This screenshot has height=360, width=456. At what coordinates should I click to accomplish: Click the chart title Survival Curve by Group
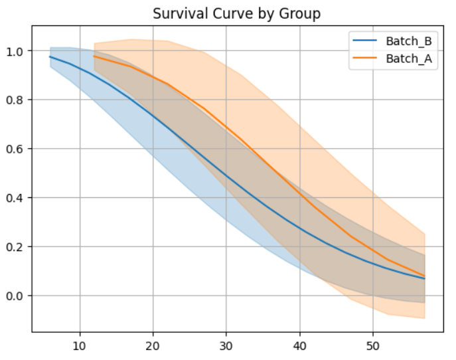pyautogui.click(x=237, y=13)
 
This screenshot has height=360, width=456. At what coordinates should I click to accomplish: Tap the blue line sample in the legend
pyautogui.click(x=368, y=41)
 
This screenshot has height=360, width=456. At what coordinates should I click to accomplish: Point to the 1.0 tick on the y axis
pyautogui.click(x=15, y=51)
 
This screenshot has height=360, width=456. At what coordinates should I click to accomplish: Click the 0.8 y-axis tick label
pyautogui.click(x=15, y=100)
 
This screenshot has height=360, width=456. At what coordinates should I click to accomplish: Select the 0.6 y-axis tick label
pyautogui.click(x=15, y=149)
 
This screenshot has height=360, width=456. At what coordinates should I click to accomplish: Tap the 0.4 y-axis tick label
pyautogui.click(x=15, y=198)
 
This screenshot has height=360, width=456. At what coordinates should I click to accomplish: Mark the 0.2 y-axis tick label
pyautogui.click(x=15, y=246)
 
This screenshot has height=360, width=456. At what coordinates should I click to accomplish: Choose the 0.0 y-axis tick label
pyautogui.click(x=15, y=296)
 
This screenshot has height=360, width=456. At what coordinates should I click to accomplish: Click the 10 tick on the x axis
pyautogui.click(x=80, y=345)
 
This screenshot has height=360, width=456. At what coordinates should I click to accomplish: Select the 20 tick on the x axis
pyautogui.click(x=153, y=345)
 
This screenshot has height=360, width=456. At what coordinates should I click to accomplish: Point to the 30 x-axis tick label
pyautogui.click(x=226, y=345)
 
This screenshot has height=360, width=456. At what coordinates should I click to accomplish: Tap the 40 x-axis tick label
pyautogui.click(x=299, y=345)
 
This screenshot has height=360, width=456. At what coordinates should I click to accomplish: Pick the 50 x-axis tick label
pyautogui.click(x=372, y=345)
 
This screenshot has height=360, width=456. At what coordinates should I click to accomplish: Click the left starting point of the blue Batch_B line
pyautogui.click(x=50, y=57)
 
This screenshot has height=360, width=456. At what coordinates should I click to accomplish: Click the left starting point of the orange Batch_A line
pyautogui.click(x=94, y=56)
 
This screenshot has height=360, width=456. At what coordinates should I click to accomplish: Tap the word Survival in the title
pyautogui.click(x=173, y=13)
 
